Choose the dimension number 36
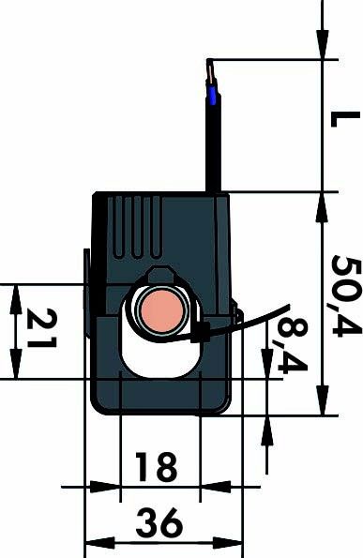coord(160,522)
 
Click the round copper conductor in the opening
coord(160,310)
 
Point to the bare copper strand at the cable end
coord(211,70)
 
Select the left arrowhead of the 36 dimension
coord(94,542)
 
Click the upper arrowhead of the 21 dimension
coord(16,294)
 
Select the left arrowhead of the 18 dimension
coord(112,488)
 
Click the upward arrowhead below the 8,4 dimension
coord(269,427)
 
